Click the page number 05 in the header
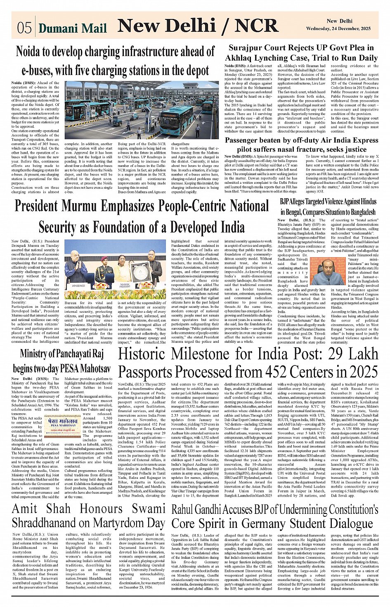(24, 28)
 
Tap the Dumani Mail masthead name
(73, 28)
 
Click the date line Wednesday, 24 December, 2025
(342, 29)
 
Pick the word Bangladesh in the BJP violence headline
(358, 212)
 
